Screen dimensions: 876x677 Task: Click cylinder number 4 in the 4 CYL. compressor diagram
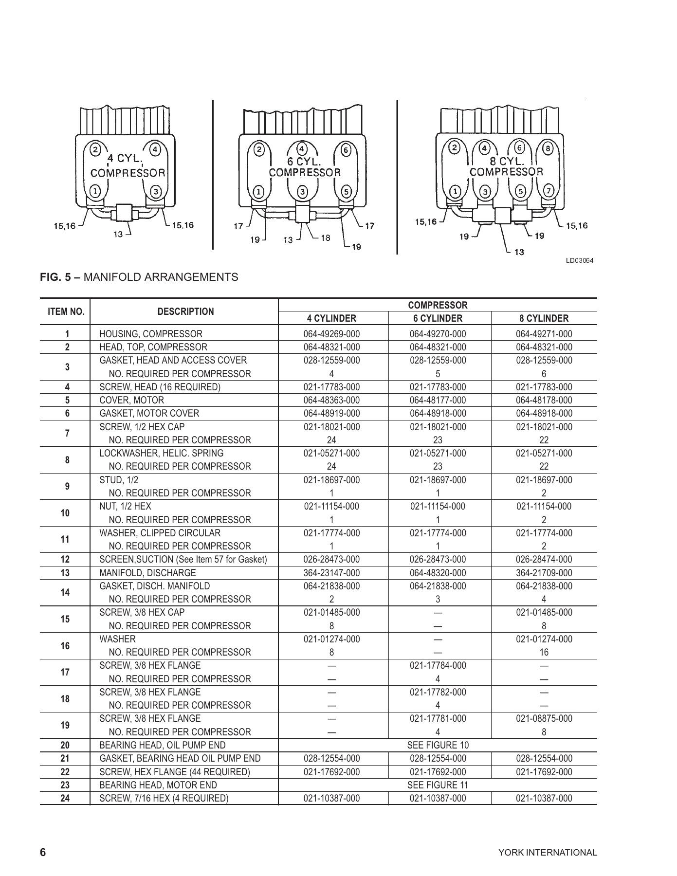click(155, 149)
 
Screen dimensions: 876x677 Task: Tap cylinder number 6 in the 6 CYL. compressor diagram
click(345, 150)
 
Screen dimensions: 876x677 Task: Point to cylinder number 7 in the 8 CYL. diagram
click(549, 190)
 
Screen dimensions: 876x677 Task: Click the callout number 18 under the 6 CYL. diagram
click(325, 238)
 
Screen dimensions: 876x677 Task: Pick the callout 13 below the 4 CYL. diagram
click(118, 234)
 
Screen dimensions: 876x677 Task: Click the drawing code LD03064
click(579, 260)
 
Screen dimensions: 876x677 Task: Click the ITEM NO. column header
click(66, 311)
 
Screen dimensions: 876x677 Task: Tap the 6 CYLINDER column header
click(438, 319)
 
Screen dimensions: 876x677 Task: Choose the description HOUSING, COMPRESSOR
click(151, 334)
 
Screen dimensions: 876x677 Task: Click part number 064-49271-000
click(544, 334)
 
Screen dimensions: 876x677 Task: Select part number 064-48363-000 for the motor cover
click(331, 400)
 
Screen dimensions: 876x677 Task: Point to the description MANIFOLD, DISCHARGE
click(147, 573)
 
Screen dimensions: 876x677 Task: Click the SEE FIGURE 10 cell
click(438, 745)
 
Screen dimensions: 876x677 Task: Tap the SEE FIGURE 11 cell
click(438, 785)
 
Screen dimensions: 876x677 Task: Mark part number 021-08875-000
click(544, 718)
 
